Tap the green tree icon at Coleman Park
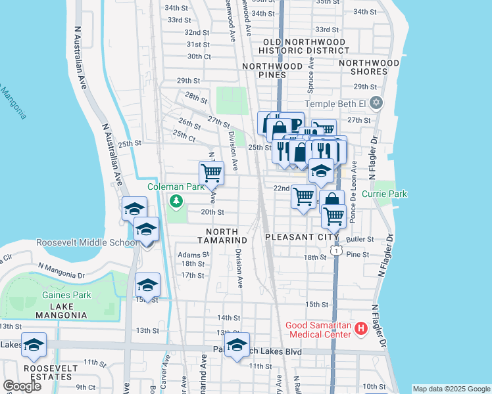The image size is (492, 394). tap(176, 200)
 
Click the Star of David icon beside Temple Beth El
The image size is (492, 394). tap(376, 103)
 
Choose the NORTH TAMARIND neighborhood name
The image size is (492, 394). tap(226, 236)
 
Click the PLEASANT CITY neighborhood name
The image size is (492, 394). tap(301, 236)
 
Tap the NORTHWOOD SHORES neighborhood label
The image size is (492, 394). tap(369, 68)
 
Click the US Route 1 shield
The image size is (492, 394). tap(337, 250)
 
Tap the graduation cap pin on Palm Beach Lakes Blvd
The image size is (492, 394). tap(237, 345)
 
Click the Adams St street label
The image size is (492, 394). tap(192, 254)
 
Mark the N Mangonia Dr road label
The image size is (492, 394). tap(65, 267)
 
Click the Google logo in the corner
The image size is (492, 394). tap(22, 385)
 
